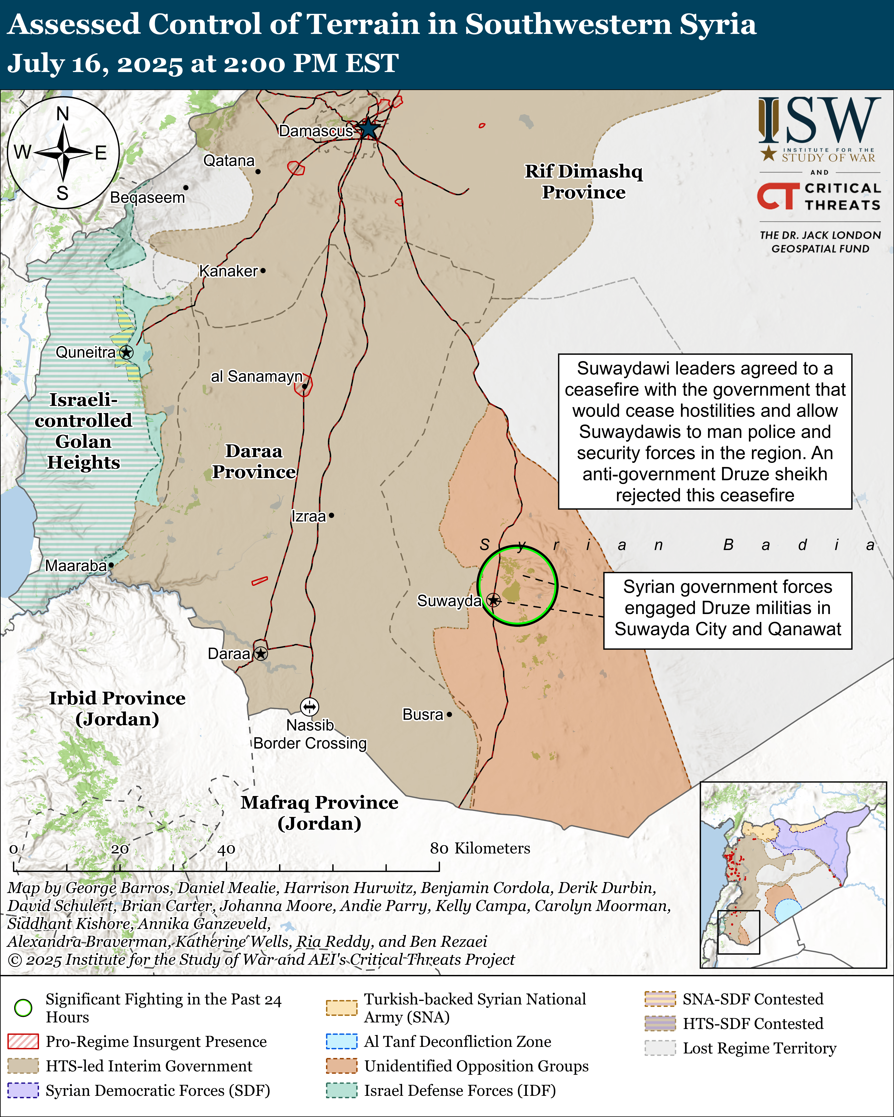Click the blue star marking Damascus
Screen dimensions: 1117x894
tap(368, 128)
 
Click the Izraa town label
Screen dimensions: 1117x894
tap(308, 517)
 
